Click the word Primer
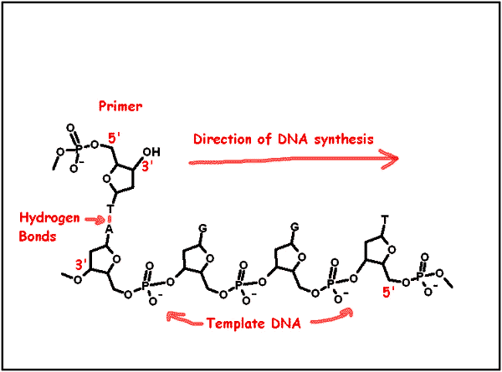[x=120, y=106]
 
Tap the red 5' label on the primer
[x=114, y=139]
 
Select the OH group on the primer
[x=151, y=152]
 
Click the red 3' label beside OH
[x=147, y=166]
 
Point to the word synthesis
[x=344, y=140]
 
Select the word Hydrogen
[x=49, y=218]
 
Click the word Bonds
[x=38, y=237]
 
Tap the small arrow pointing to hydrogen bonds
[x=95, y=219]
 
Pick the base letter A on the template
[x=109, y=229]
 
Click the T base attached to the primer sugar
[x=110, y=209]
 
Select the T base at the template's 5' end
[x=385, y=219]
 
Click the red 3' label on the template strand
[x=80, y=265]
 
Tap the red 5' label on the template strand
[x=389, y=292]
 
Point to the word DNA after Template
[x=286, y=324]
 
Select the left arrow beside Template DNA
[x=184, y=319]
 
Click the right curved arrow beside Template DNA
[x=332, y=316]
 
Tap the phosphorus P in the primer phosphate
[x=79, y=147]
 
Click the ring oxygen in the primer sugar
[x=106, y=178]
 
